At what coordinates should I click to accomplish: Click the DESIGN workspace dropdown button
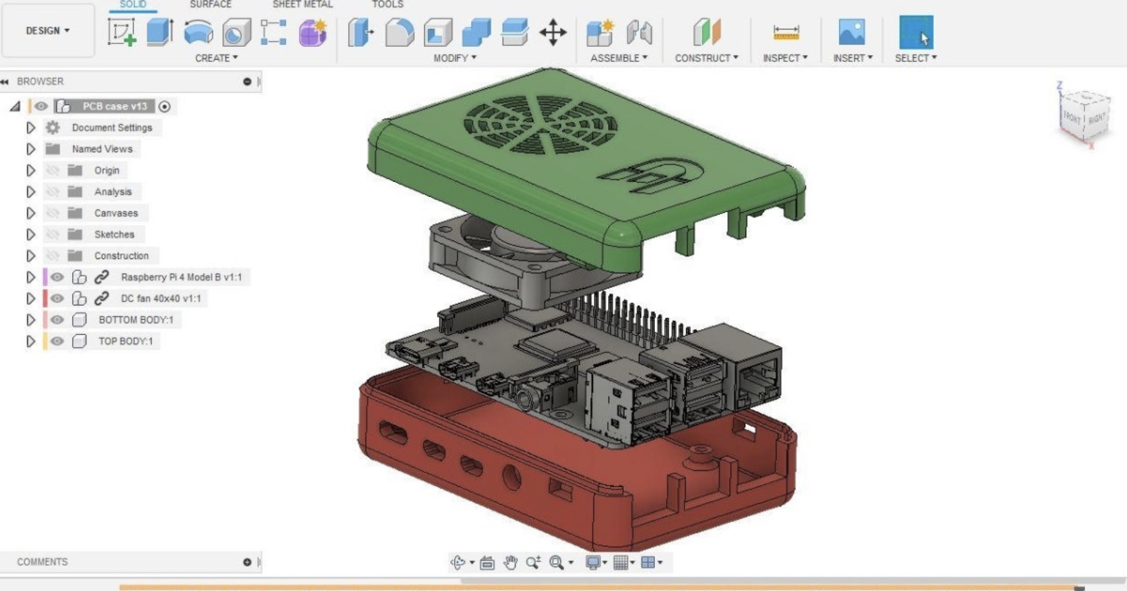[x=48, y=31]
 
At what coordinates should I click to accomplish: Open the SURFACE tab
[x=210, y=5]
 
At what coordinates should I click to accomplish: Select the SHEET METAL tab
[x=303, y=5]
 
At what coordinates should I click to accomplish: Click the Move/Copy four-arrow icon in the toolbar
[x=553, y=32]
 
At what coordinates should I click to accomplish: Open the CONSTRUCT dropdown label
[x=706, y=58]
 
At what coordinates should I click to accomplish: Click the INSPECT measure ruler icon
[x=786, y=32]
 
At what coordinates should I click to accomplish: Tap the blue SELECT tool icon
[x=916, y=32]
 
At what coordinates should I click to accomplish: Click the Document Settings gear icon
[x=53, y=128]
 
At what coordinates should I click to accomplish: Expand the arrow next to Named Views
[x=31, y=149]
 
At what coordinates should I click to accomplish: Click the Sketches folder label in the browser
[x=114, y=234]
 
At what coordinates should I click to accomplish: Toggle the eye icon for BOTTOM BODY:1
[x=57, y=320]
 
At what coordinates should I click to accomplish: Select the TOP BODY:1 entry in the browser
[x=126, y=341]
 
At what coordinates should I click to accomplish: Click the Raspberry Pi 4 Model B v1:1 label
[x=181, y=277]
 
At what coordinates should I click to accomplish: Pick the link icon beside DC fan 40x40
[x=102, y=298]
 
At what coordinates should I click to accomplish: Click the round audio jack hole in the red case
[x=511, y=477]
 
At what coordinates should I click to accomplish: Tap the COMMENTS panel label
[x=42, y=562]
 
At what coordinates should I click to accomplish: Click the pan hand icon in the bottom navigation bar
[x=510, y=562]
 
